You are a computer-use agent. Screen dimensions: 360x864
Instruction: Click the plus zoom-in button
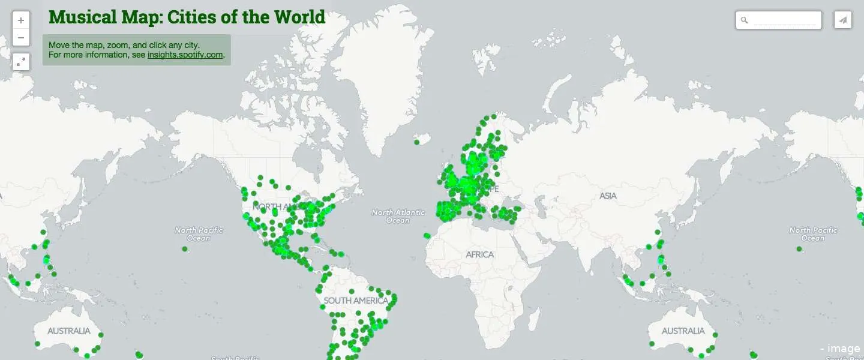click(x=21, y=20)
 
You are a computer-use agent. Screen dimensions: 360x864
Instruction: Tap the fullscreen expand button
click(x=21, y=61)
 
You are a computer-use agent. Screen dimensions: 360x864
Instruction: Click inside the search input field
click(x=785, y=20)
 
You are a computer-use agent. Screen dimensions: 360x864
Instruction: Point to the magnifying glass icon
click(x=745, y=20)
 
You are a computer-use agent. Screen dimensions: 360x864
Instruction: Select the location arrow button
click(x=843, y=20)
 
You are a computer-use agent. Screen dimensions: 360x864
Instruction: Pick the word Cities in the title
click(x=193, y=17)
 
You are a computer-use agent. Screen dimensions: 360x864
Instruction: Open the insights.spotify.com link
click(x=185, y=55)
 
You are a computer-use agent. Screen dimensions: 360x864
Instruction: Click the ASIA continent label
click(x=608, y=196)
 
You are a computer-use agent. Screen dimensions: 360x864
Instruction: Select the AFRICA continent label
click(x=479, y=254)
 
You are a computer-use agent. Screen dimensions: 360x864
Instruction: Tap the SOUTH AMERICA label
click(x=356, y=300)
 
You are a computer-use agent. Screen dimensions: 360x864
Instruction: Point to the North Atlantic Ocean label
click(x=398, y=216)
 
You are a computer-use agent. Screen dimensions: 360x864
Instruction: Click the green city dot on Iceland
click(x=416, y=142)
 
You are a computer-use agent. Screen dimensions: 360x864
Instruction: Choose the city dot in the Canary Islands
click(x=426, y=235)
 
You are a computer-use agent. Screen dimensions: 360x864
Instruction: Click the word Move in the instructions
click(x=59, y=45)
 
